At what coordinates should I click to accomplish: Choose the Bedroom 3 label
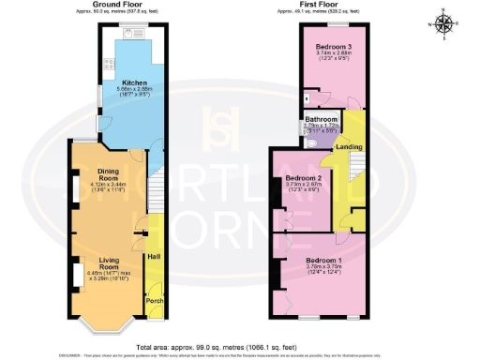click(x=333, y=46)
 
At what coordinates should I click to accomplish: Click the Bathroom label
click(x=321, y=119)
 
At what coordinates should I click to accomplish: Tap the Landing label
click(x=350, y=148)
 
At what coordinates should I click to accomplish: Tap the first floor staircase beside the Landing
click(x=356, y=170)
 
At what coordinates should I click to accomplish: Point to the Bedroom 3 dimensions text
click(x=333, y=54)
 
